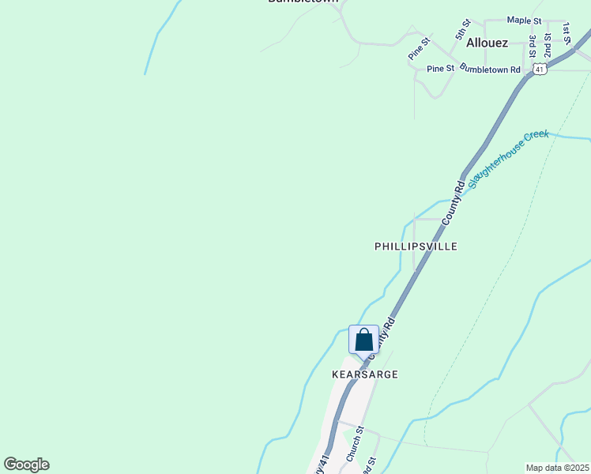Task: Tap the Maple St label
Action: pos(524,20)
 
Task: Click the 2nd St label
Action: pos(548,47)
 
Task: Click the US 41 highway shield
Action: pos(539,70)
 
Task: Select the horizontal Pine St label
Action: pos(440,69)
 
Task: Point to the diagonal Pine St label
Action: pos(419,47)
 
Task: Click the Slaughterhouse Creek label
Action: pos(508,159)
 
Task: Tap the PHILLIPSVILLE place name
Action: pos(416,246)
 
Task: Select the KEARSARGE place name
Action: pos(364,374)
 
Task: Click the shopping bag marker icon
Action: pos(363,340)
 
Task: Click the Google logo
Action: pos(26,465)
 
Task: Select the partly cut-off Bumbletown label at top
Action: pos(303,2)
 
